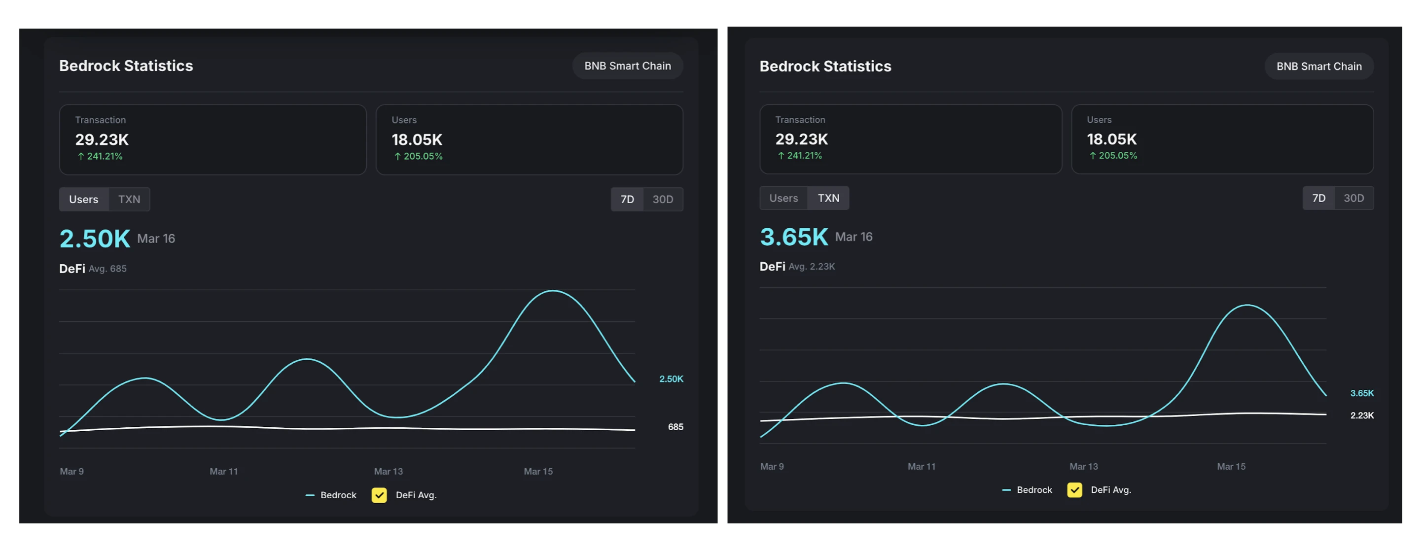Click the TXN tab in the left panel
[x=129, y=200]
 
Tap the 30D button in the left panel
[x=662, y=200]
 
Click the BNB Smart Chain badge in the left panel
[x=627, y=66]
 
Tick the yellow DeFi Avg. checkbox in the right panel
[x=1074, y=490]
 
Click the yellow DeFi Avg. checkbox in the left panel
[x=379, y=495]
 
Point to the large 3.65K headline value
[x=794, y=237]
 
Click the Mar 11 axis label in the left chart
[x=223, y=472]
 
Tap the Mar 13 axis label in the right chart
[x=1083, y=466]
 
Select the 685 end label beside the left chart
[x=675, y=427]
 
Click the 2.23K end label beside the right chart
[x=1361, y=415]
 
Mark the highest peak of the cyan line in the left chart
[x=553, y=291]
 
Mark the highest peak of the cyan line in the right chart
[x=1247, y=305]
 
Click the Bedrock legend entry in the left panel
[x=331, y=495]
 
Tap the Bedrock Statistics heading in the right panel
[x=825, y=67]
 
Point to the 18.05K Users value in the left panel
[x=417, y=140]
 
